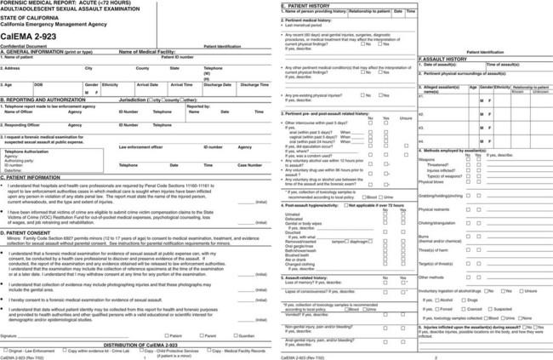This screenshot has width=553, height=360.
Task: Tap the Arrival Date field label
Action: click(x=147, y=84)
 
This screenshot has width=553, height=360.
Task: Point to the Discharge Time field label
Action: click(x=254, y=84)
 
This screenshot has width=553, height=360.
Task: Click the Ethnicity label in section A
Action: click(x=110, y=84)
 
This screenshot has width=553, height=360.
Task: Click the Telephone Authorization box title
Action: click(x=28, y=150)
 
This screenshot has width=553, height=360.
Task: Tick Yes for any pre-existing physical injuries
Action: click(x=362, y=95)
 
